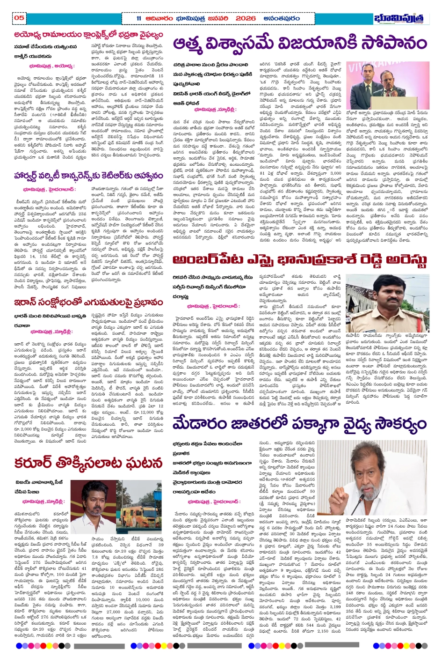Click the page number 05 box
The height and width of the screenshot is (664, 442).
coord(19,18)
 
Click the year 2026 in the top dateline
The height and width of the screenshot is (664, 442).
coord(245,18)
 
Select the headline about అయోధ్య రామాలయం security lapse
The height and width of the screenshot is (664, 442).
coord(88,35)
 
